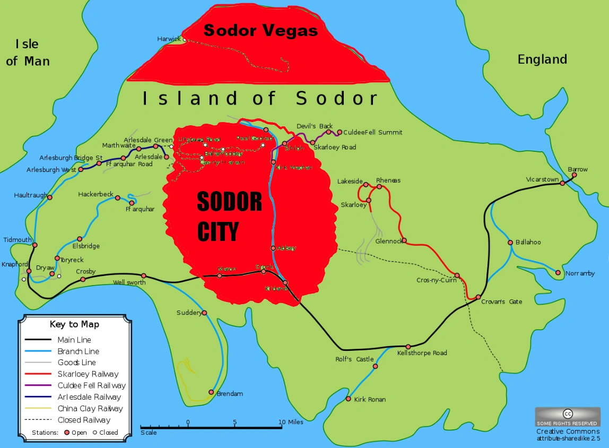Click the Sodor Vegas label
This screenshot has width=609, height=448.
[260, 30]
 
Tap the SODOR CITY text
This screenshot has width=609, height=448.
[229, 216]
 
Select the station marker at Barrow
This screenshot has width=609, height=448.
[573, 175]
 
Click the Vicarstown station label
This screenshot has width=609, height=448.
[542, 179]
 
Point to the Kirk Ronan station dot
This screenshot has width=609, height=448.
[349, 399]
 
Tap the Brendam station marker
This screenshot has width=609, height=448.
[212, 393]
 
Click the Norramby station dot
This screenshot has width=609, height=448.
[558, 273]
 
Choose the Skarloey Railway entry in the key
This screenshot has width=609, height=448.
[88, 374]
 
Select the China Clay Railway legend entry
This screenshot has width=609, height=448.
[90, 409]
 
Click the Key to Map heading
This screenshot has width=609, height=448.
[74, 324]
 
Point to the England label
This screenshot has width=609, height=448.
[542, 59]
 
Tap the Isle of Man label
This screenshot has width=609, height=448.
[28, 53]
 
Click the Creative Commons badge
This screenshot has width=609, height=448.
[568, 417]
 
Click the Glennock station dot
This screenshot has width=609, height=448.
[404, 240]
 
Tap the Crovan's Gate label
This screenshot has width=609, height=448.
[501, 302]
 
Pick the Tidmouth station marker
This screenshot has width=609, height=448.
[35, 245]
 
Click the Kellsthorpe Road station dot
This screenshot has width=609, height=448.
[408, 347]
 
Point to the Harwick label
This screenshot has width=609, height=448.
[169, 39]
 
